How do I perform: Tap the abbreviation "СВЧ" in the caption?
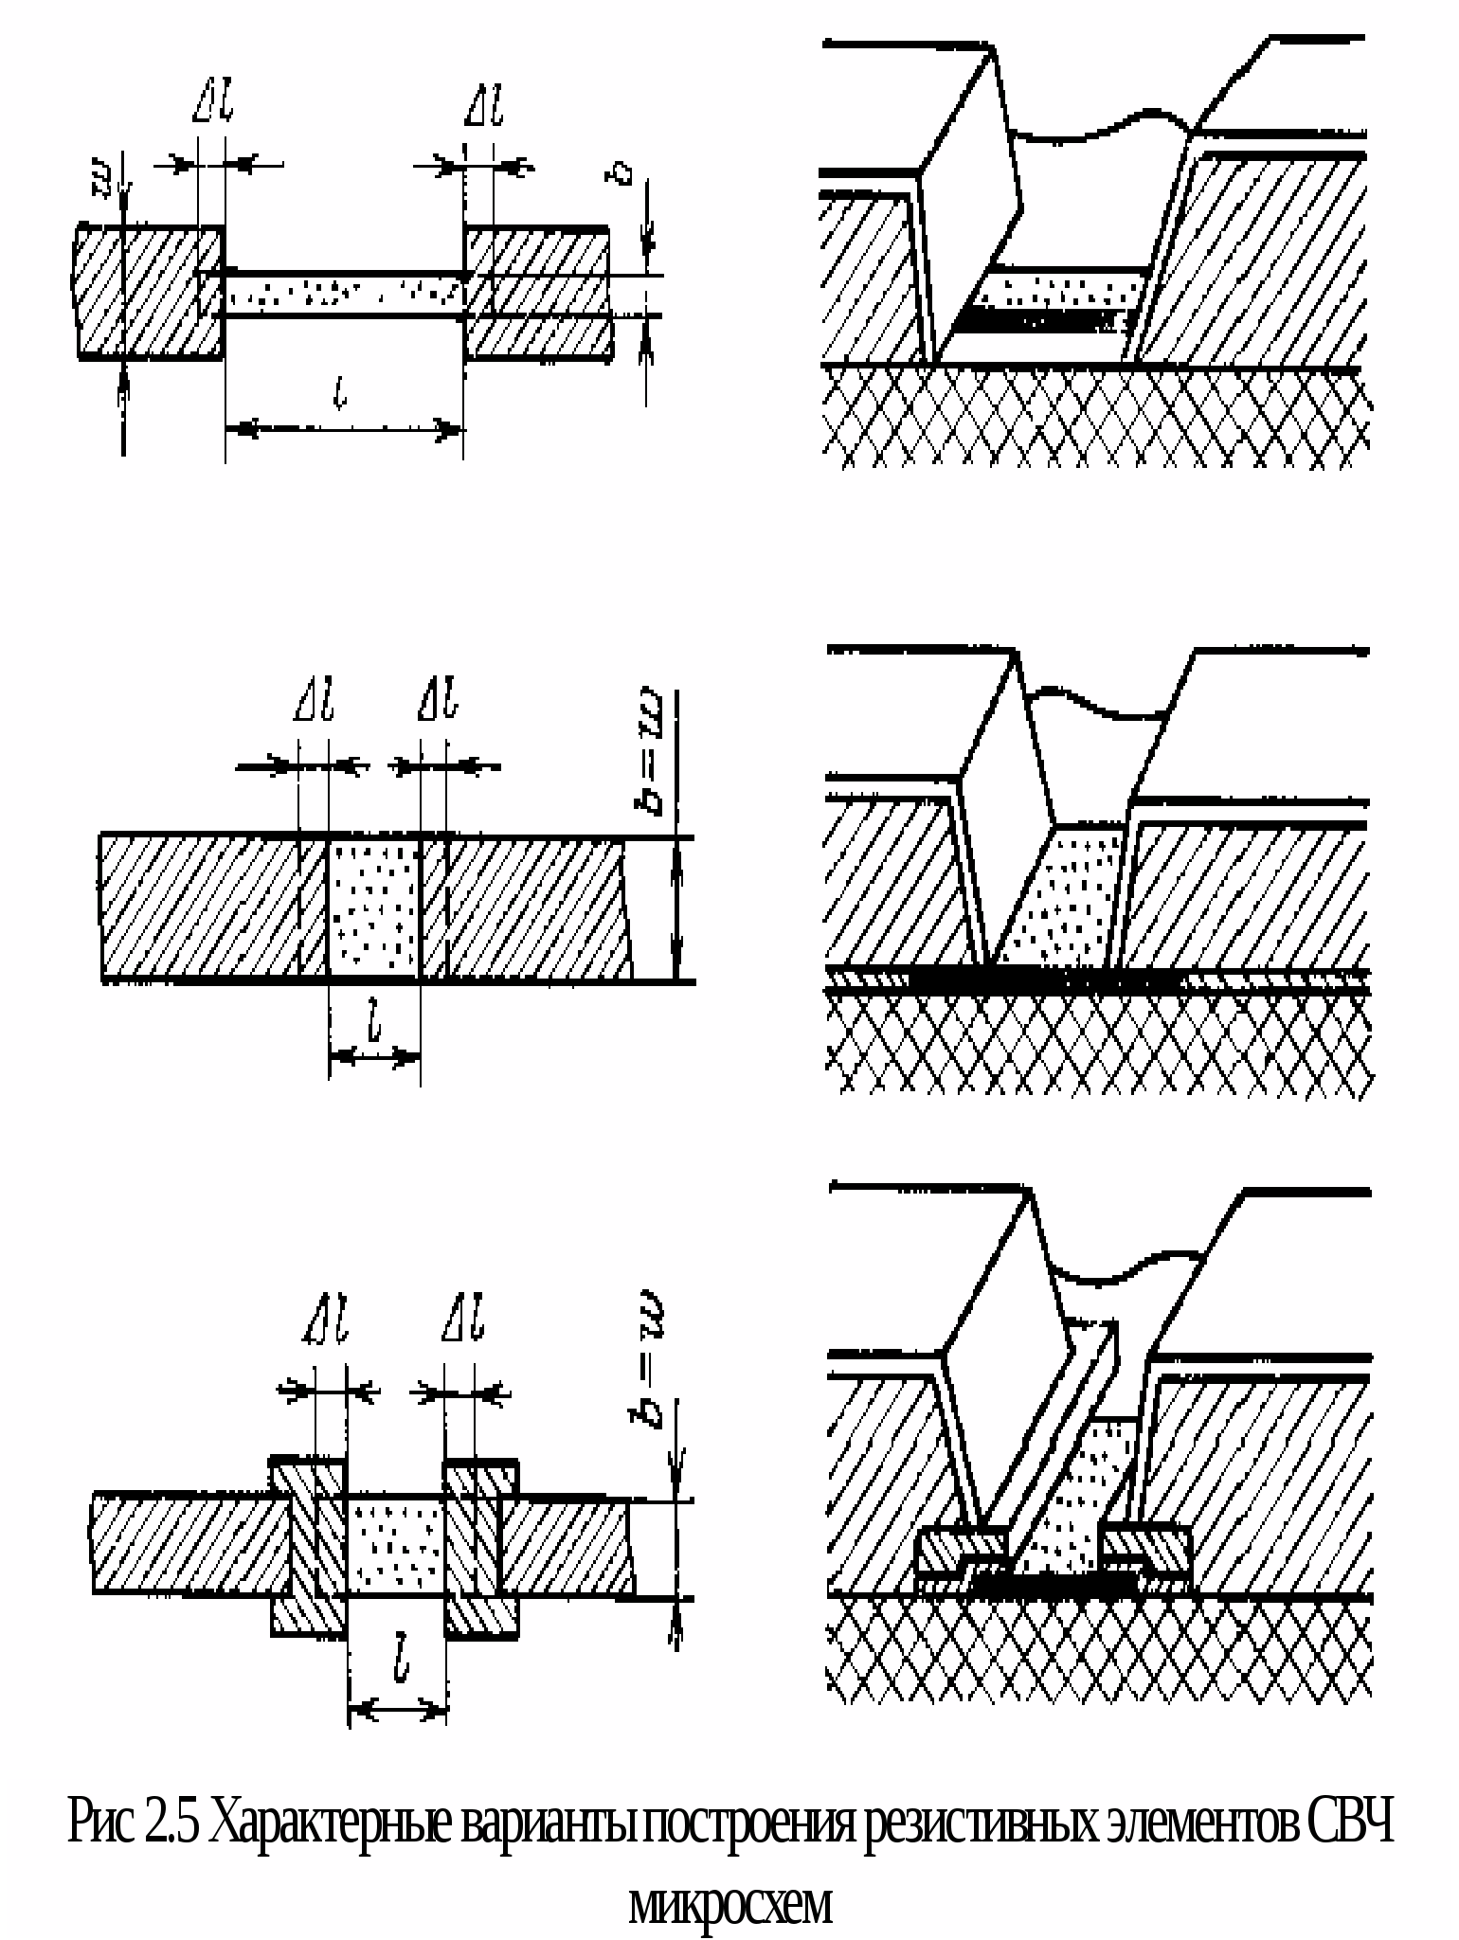pyautogui.click(x=1350, y=1823)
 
